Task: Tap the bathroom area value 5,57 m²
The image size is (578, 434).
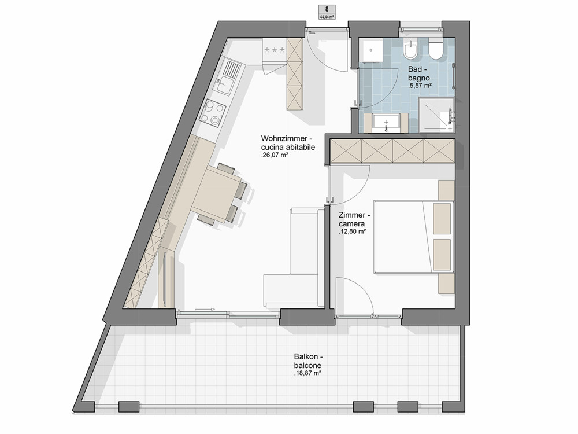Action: click(x=420, y=86)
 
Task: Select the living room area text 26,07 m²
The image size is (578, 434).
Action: click(x=274, y=155)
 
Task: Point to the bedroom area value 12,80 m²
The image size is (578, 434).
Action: click(x=352, y=232)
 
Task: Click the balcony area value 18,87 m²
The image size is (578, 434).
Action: click(x=308, y=373)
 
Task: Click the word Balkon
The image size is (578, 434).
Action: click(x=306, y=357)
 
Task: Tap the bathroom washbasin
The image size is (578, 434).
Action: click(x=386, y=123)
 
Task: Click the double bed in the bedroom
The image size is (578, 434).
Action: click(x=413, y=237)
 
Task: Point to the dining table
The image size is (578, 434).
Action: click(x=217, y=194)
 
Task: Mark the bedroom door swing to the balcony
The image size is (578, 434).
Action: click(x=355, y=297)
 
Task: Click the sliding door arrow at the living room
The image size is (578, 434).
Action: click(x=205, y=309)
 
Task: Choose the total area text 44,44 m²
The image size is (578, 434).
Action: click(x=327, y=17)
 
